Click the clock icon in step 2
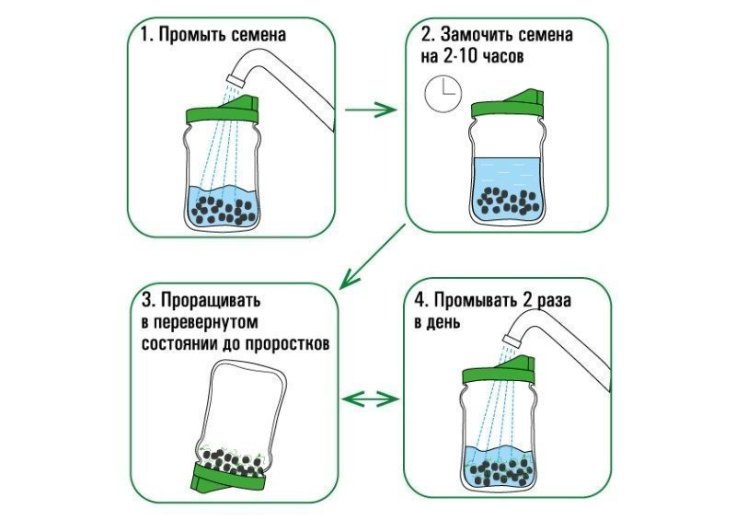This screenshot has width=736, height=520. tap(443, 94)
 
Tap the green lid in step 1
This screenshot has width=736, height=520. tap(222, 114)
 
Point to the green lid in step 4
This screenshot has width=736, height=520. tap(497, 373)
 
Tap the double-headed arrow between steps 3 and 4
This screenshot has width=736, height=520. tap(370, 399)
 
